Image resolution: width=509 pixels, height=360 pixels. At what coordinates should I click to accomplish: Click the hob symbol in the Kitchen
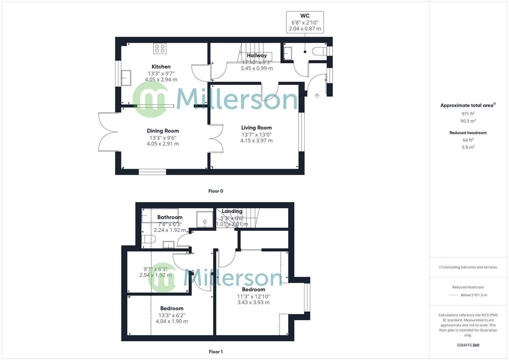coord(160,48)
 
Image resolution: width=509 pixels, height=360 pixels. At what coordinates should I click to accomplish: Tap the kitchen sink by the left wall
coord(126,78)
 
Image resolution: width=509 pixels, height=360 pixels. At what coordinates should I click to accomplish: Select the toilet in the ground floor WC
coord(319,51)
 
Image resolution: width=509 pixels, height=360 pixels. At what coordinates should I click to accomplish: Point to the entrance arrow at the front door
coord(317,96)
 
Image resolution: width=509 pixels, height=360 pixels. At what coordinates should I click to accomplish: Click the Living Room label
coord(256,128)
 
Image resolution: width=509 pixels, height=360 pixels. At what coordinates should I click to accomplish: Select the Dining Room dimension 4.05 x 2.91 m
coord(163,144)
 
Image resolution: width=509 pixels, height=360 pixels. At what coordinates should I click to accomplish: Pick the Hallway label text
coord(257,55)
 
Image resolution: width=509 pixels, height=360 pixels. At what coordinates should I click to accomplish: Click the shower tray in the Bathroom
coord(204,219)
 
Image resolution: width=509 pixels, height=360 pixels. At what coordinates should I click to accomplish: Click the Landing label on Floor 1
coord(232,211)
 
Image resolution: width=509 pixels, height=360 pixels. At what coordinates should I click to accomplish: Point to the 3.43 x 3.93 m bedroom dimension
coord(253,302)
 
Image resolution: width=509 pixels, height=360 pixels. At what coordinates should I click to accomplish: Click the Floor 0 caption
coord(216,191)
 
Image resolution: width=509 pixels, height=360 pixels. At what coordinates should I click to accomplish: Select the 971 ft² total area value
coord(468,114)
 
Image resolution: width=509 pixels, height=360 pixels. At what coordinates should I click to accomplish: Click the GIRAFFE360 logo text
coord(468,345)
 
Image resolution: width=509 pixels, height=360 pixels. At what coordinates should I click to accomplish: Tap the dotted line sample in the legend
coord(454,295)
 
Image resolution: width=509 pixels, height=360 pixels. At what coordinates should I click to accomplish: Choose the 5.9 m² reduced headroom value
coord(468,147)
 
